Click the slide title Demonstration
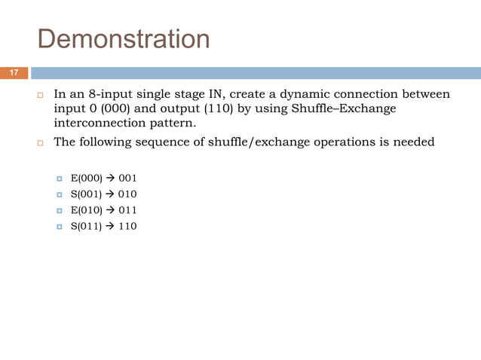point(124,38)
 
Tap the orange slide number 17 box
point(14,73)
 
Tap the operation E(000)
point(87,178)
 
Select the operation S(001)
point(87,194)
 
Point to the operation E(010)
point(87,210)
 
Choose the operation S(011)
point(87,226)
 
